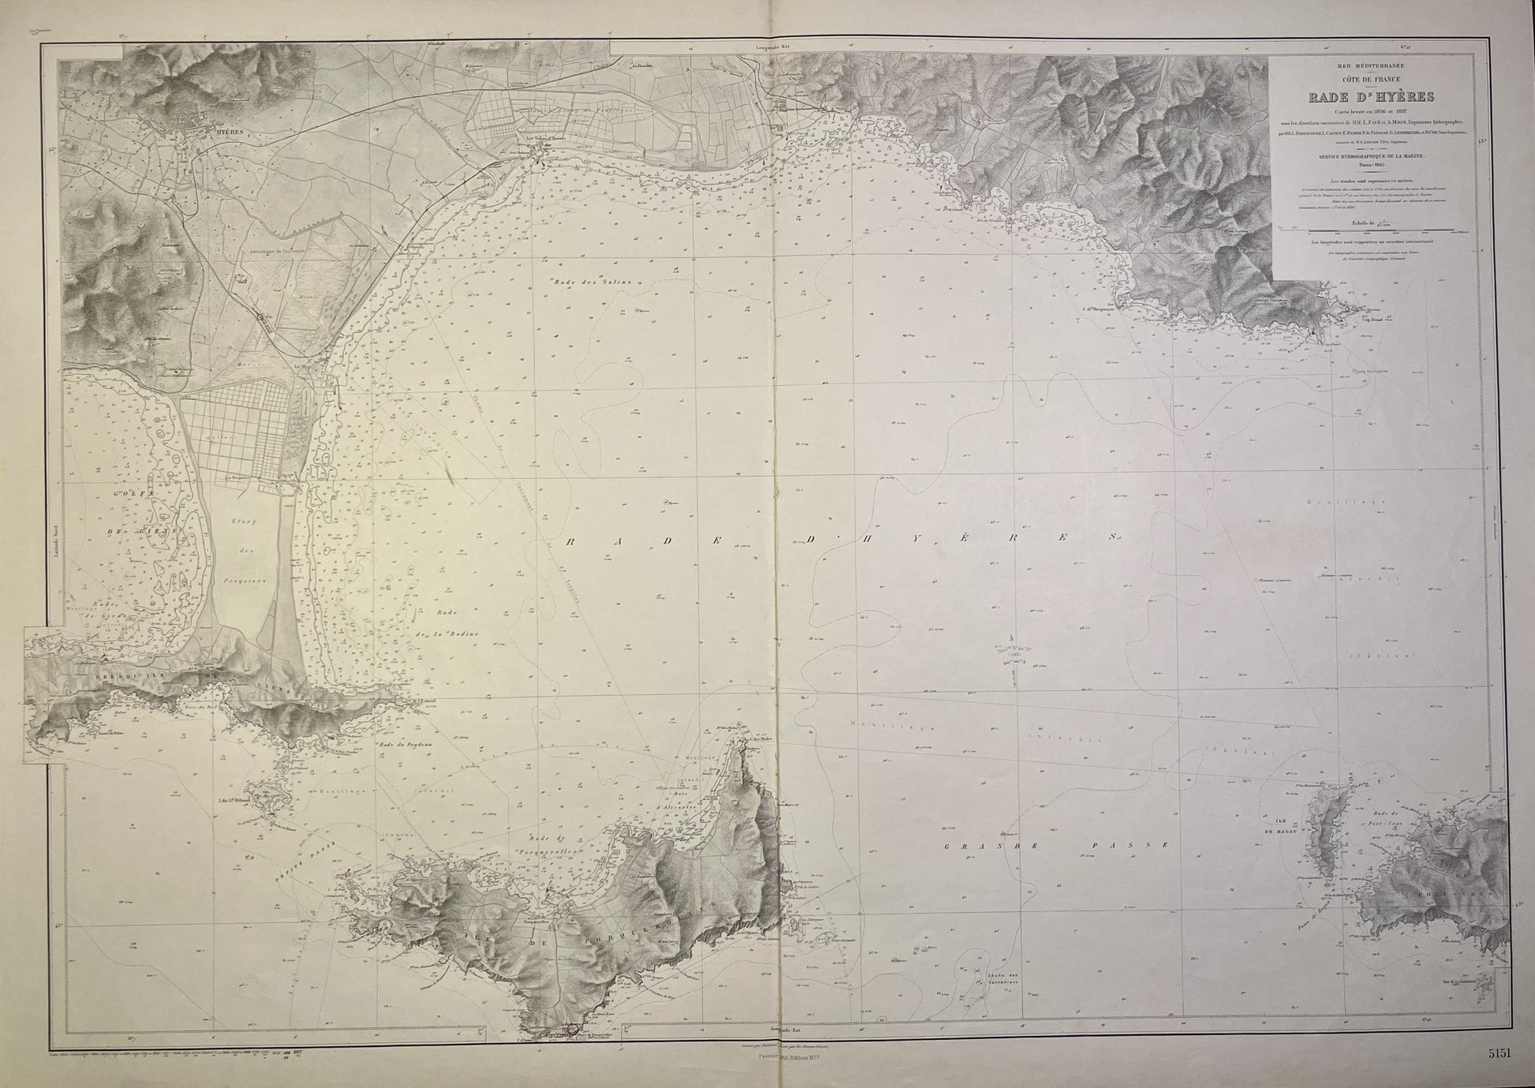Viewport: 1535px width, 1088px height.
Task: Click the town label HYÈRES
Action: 232,135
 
